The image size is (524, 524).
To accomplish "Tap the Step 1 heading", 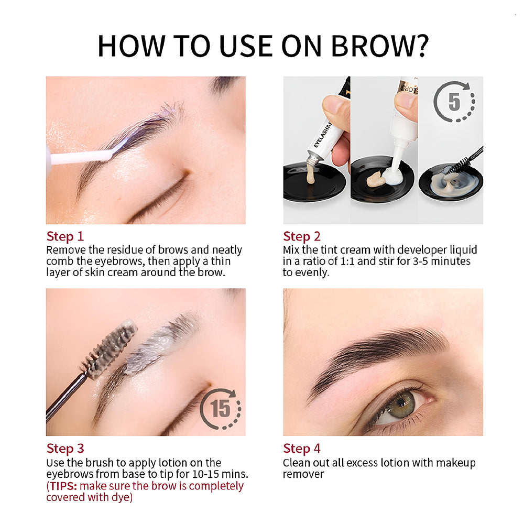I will (65, 236).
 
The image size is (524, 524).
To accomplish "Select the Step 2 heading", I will (302, 236).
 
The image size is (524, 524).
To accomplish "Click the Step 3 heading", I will (65, 449).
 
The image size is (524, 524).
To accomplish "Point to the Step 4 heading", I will (302, 449).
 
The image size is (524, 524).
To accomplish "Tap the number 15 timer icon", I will (221, 409).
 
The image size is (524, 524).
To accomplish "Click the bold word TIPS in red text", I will (62, 486).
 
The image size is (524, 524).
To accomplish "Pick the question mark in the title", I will (419, 46).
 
